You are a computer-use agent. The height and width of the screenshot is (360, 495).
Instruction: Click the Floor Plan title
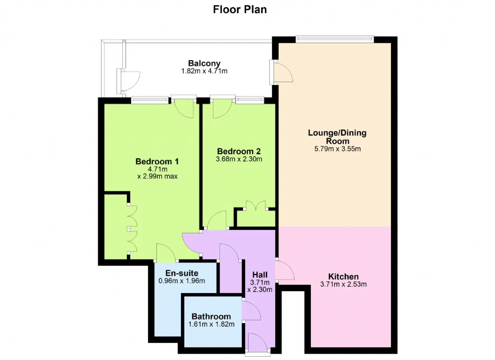pos(240,10)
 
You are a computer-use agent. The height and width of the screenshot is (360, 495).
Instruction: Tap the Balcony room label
pos(204,63)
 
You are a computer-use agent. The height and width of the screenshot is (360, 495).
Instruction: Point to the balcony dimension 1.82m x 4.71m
pos(204,71)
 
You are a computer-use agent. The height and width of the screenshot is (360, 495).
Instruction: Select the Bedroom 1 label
pos(157,161)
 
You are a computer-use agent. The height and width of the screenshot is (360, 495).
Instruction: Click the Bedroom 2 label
pos(239,151)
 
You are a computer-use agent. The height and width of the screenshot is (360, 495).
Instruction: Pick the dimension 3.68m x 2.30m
pos(239,159)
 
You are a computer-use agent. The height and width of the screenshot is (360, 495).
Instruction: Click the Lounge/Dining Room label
pos(338,137)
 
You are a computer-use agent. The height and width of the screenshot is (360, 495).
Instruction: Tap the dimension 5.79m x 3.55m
pos(338,149)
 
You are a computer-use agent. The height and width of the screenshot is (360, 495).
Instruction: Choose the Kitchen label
pos(343,276)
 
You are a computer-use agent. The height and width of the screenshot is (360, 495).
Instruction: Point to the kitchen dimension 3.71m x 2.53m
pos(343,284)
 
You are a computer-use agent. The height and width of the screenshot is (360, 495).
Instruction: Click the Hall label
pos(260,275)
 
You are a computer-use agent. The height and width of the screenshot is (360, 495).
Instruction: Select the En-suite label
pos(182,273)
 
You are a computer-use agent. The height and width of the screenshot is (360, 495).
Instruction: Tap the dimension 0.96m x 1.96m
pos(182,281)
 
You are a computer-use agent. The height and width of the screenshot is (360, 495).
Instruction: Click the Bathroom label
pos(211,316)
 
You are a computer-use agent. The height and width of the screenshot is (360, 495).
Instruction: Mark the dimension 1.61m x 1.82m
pos(211,324)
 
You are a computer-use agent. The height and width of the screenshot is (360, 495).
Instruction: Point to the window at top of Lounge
pos(335,39)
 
